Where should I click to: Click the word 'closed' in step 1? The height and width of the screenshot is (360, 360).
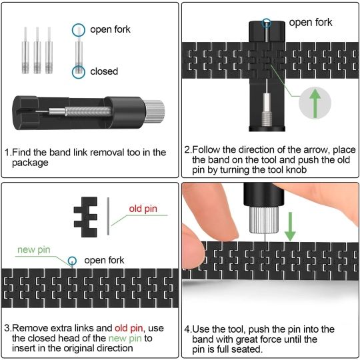[x=103, y=71]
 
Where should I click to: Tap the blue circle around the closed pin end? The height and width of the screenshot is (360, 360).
[x=79, y=71]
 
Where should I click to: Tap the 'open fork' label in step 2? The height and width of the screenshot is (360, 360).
[x=310, y=23]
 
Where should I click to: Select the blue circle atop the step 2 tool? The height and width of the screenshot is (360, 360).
[x=267, y=22]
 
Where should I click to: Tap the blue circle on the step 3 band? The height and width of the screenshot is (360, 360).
[x=72, y=260]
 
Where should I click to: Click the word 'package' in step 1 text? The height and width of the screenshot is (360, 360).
[x=30, y=163]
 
